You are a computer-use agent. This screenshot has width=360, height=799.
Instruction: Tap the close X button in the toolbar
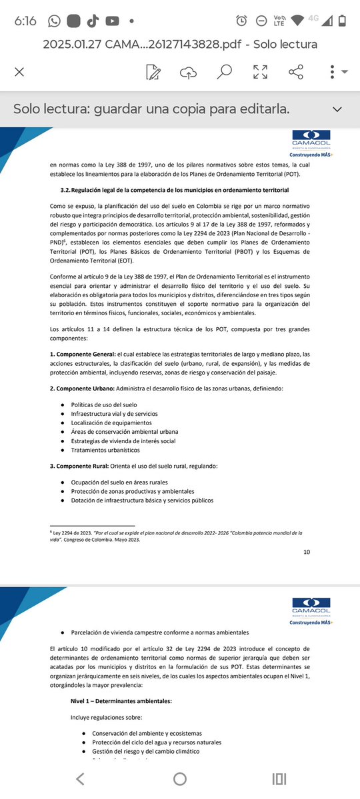19,72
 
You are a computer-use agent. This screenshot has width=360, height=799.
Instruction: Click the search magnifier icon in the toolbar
224,72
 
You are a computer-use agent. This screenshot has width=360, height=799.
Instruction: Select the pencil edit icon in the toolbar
153,72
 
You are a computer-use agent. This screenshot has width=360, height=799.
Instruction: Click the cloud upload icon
189,72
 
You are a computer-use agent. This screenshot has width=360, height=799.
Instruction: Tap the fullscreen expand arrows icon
261,72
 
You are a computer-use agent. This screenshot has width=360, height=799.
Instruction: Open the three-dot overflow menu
333,72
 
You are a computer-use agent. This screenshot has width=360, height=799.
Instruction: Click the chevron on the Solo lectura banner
337,109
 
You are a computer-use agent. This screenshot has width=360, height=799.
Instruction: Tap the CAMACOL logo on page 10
311,139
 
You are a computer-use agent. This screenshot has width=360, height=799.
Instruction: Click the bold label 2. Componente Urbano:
82,389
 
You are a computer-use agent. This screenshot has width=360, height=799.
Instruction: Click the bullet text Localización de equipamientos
111,422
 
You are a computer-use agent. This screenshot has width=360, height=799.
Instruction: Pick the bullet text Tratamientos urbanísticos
105,450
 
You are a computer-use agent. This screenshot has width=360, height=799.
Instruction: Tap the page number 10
306,552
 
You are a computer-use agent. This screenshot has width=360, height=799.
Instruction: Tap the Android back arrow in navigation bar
80,779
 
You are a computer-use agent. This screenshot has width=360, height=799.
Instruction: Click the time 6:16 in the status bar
25,21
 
